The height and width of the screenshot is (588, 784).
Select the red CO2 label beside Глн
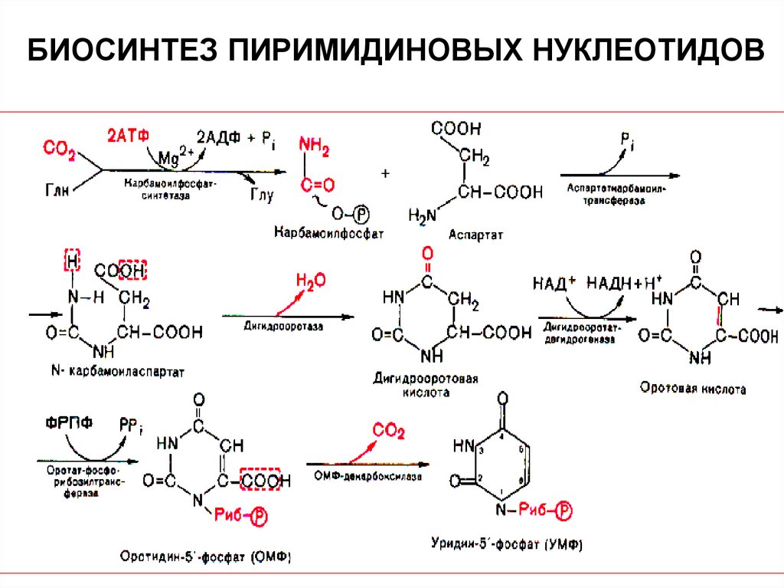[59, 149]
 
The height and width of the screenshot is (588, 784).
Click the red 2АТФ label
[126, 133]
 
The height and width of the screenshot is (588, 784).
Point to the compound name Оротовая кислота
[693, 389]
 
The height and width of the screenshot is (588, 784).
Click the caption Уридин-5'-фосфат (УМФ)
[508, 547]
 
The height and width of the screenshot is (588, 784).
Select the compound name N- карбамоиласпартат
[119, 371]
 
